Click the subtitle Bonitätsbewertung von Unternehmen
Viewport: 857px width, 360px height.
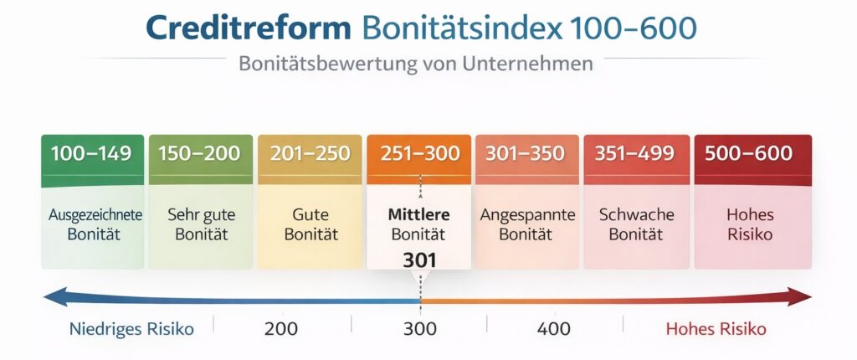415,64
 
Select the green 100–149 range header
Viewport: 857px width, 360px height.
91,154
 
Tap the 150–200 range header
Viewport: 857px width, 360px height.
200,154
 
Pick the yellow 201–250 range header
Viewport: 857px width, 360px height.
310,154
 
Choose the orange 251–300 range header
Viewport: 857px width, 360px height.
419,154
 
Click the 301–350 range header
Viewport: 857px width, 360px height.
527,154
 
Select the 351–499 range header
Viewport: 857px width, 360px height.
636,154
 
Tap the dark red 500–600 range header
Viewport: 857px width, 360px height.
747,154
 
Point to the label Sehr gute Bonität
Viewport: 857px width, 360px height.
201,224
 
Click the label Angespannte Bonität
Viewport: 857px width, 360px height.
527,224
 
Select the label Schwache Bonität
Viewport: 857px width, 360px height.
636,224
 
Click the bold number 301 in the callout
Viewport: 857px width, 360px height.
419,260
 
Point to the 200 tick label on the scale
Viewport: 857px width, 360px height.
280,329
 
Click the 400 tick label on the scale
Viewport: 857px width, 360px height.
554,329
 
